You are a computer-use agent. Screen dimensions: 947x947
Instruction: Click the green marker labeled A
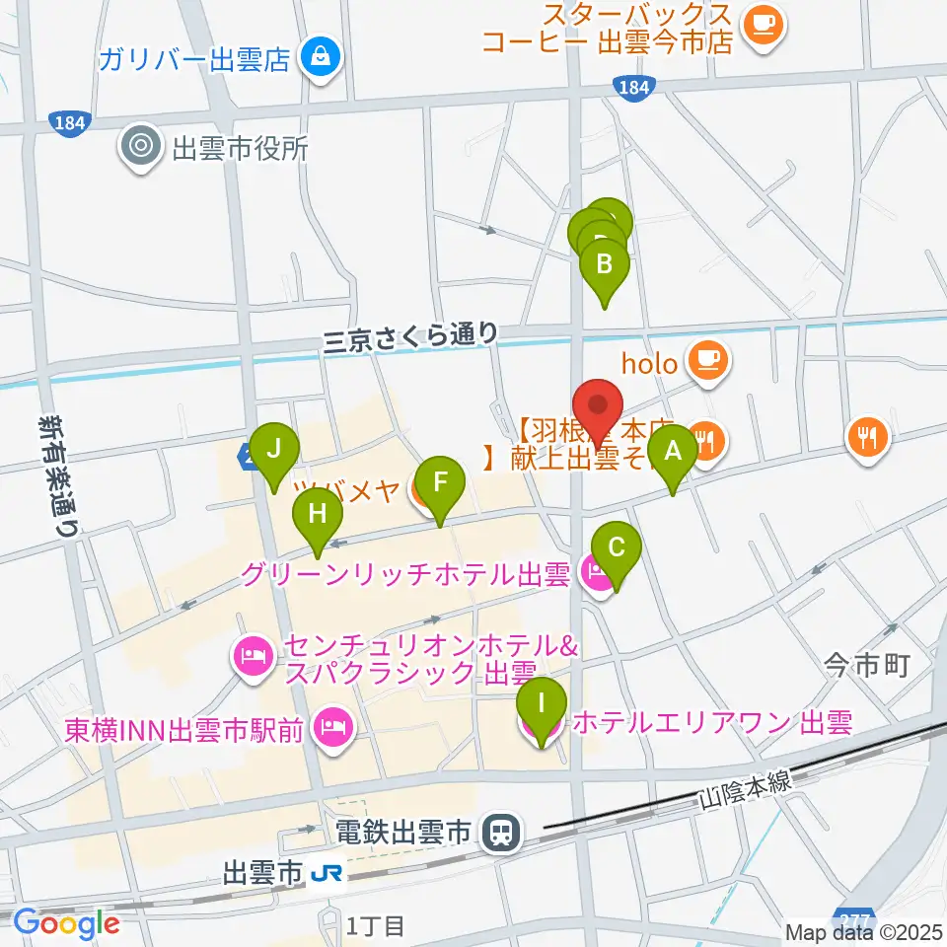pyautogui.click(x=674, y=452)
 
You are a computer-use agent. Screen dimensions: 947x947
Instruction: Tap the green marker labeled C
pyautogui.click(x=617, y=548)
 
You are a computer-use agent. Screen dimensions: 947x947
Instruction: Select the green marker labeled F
pyautogui.click(x=440, y=481)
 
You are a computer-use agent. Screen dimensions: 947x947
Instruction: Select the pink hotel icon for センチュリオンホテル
pyautogui.click(x=254, y=659)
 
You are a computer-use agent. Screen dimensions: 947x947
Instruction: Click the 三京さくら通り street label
pyautogui.click(x=411, y=336)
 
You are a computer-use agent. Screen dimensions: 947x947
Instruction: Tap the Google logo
pyautogui.click(x=66, y=923)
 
